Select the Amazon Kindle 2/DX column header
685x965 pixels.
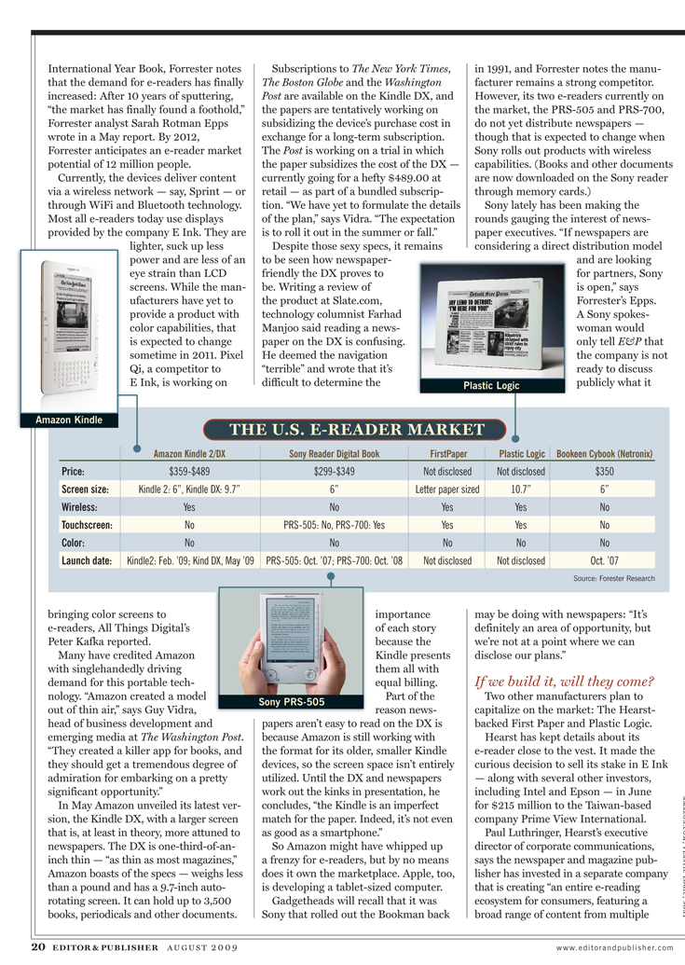tap(189, 454)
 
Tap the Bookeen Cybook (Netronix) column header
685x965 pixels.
tap(604, 454)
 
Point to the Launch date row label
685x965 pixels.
tap(88, 561)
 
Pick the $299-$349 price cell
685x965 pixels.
tap(335, 472)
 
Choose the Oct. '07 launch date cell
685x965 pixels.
tap(604, 561)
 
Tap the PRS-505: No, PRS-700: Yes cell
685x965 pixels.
tap(335, 525)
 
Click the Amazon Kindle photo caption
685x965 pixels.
tap(67, 420)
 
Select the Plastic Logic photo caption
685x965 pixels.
tap(491, 386)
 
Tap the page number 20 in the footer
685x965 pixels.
tap(37, 947)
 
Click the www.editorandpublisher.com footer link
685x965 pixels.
tap(615, 948)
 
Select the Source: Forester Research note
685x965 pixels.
tap(614, 579)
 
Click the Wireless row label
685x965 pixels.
tap(81, 507)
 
